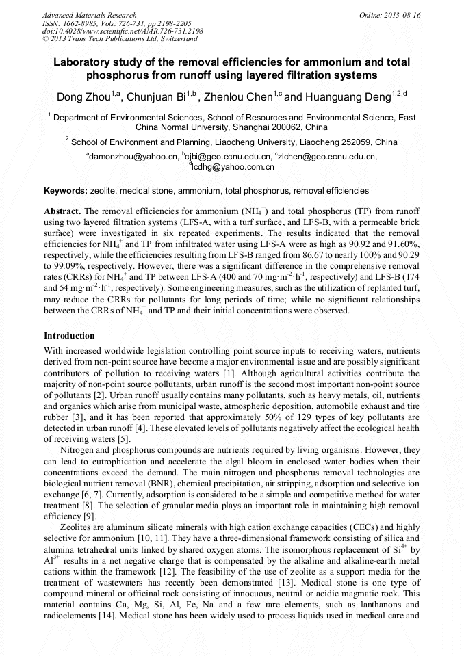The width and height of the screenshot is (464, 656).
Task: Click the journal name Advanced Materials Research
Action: click(89, 15)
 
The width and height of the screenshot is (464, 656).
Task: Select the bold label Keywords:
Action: click(65, 191)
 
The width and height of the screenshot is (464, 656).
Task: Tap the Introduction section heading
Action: click(69, 336)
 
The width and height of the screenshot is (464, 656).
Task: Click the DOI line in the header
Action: click(123, 31)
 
